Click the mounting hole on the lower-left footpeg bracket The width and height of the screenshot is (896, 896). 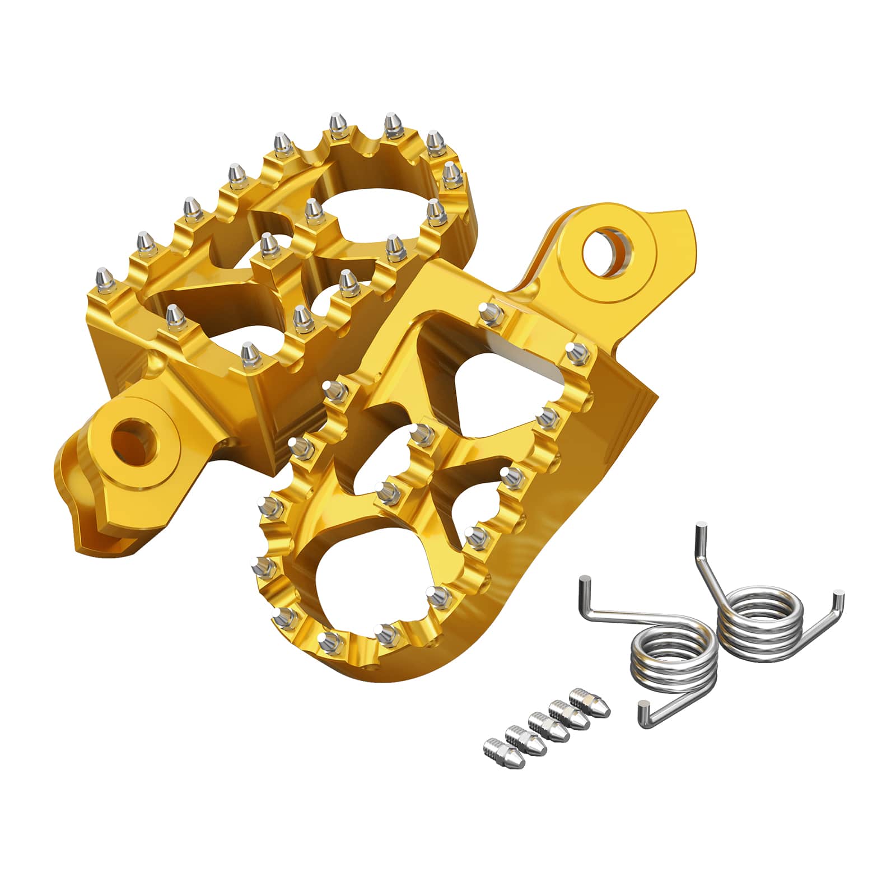point(133,440)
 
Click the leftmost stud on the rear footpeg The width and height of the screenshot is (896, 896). point(104,277)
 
